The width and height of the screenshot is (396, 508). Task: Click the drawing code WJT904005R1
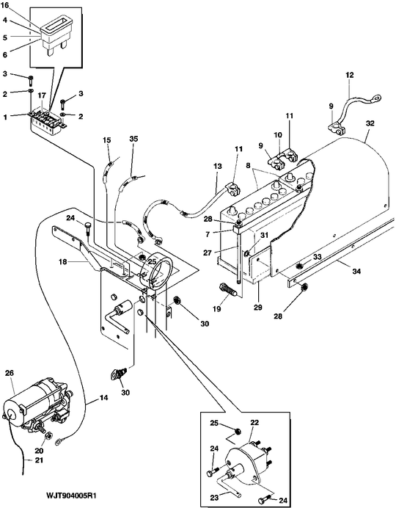[72, 487]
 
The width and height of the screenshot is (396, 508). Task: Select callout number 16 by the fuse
[5, 6]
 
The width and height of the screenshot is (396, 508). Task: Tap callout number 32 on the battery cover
[370, 123]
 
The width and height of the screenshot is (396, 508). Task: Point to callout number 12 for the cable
[350, 75]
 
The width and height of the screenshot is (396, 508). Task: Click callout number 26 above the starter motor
[10, 373]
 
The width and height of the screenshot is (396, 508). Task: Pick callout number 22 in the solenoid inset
[254, 423]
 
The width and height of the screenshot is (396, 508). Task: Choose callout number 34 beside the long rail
[356, 271]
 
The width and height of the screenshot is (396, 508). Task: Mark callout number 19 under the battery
[217, 309]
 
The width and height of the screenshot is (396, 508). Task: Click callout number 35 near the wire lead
[133, 139]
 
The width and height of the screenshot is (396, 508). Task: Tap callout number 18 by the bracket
[63, 261]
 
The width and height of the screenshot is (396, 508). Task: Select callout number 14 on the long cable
[103, 398]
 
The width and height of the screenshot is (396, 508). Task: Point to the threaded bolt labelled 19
[229, 290]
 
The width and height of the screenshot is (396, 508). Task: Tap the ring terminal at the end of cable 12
[375, 97]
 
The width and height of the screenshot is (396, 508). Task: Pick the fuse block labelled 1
[46, 123]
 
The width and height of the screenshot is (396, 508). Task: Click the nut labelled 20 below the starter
[48, 436]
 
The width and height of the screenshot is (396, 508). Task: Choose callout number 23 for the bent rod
[214, 497]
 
